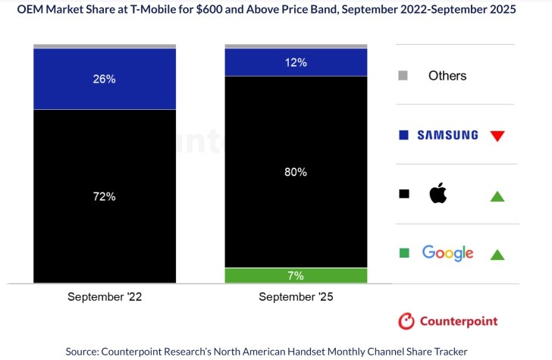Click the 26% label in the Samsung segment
click(105, 78)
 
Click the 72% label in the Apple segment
click(105, 196)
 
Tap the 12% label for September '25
click(296, 62)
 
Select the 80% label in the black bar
click(296, 171)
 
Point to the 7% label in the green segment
click(296, 275)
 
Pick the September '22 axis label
click(105, 297)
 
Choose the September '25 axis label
click(296, 297)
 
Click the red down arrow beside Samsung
click(497, 136)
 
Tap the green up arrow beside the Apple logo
click(497, 196)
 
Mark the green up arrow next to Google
click(497, 255)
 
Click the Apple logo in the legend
click(438, 194)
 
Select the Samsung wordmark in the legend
click(448, 136)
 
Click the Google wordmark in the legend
click(448, 253)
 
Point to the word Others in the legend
click(447, 75)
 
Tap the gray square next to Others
click(403, 75)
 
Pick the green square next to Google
click(403, 253)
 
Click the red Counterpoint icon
click(406, 321)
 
